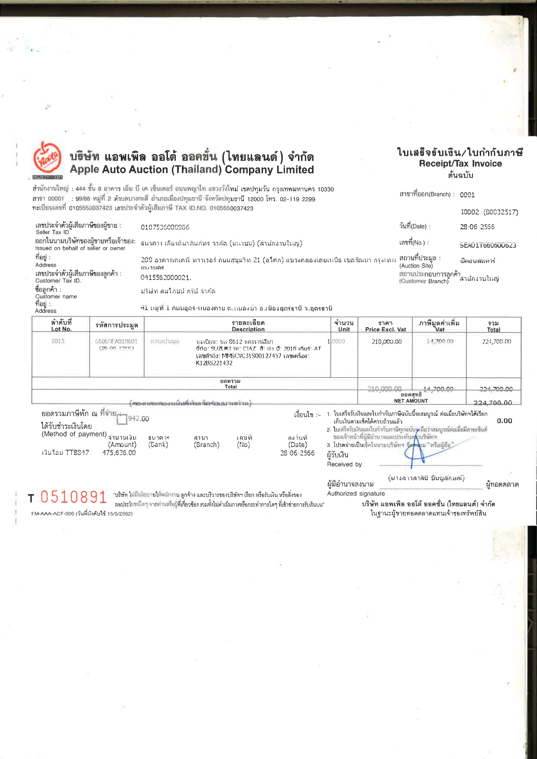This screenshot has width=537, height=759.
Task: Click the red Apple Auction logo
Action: (x=47, y=158)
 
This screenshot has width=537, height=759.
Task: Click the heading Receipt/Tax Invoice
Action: (x=460, y=164)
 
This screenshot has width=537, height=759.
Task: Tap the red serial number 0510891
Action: (x=73, y=497)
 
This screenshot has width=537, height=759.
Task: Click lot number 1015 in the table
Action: (x=58, y=341)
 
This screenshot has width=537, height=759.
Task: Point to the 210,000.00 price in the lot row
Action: (x=386, y=341)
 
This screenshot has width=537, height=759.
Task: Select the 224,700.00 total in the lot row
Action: (x=496, y=341)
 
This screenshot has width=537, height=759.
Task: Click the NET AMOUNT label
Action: (x=411, y=401)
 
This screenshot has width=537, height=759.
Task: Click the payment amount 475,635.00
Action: (x=119, y=453)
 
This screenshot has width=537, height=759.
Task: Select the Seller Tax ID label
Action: (x=52, y=232)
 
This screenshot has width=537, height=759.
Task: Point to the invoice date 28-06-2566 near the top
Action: (x=477, y=227)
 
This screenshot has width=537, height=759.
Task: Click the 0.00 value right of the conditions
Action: (x=504, y=421)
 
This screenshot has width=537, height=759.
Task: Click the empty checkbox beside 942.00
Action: (x=122, y=419)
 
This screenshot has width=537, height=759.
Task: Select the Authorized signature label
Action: (x=356, y=494)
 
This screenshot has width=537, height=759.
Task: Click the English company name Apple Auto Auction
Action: (x=192, y=170)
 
